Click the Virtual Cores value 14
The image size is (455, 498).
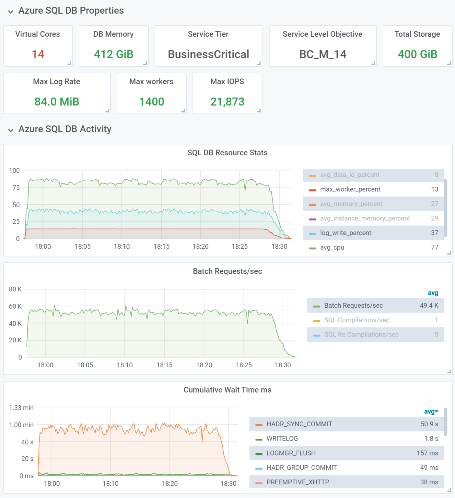[x=38, y=54]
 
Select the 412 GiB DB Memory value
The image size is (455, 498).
[x=113, y=54]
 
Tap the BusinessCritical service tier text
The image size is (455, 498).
[x=208, y=54]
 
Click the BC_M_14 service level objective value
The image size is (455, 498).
[x=323, y=54]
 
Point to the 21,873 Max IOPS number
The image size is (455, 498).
[x=227, y=102]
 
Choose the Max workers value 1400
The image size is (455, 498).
[x=151, y=102]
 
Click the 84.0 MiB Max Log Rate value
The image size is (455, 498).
[x=57, y=102]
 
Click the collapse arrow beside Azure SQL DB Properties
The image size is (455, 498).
[x=11, y=12]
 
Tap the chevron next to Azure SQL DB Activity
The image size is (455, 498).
[x=11, y=130]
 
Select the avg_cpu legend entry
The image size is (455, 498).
[x=332, y=247]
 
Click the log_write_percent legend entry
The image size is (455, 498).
[x=345, y=233]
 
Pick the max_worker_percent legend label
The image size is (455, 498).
[x=350, y=189]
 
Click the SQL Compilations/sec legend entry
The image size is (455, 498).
[x=356, y=320]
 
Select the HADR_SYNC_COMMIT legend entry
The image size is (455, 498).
[x=299, y=424]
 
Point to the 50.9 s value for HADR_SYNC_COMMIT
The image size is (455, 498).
[x=429, y=424]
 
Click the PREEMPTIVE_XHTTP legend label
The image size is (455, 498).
[x=297, y=482]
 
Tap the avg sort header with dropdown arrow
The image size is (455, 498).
[x=431, y=411]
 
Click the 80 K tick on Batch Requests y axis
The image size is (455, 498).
[x=15, y=289]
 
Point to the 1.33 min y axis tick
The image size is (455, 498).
[x=21, y=408]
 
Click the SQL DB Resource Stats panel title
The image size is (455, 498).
[x=227, y=153]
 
